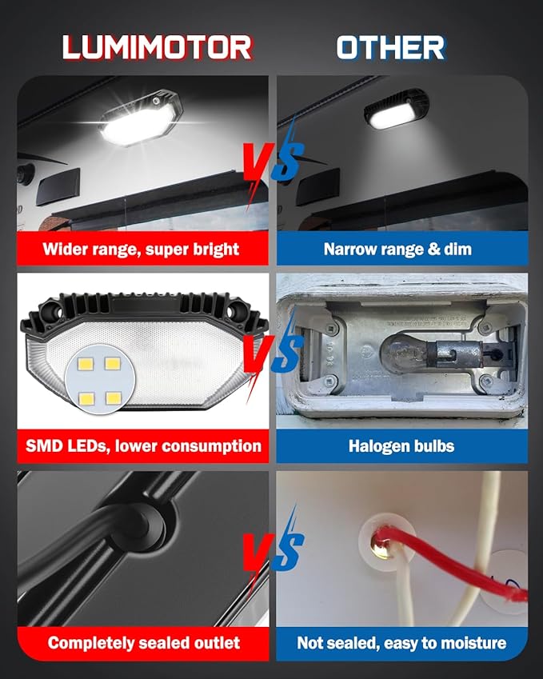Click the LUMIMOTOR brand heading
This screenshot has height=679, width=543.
(x=157, y=47)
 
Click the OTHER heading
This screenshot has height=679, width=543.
(x=390, y=47)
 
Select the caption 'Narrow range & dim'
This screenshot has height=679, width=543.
(x=397, y=249)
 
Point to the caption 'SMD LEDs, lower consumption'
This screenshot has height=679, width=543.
(x=142, y=445)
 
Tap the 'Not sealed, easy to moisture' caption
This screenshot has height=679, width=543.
(x=401, y=642)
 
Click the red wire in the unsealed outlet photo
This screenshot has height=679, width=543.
(x=448, y=560)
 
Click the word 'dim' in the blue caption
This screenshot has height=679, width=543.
(x=457, y=249)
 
